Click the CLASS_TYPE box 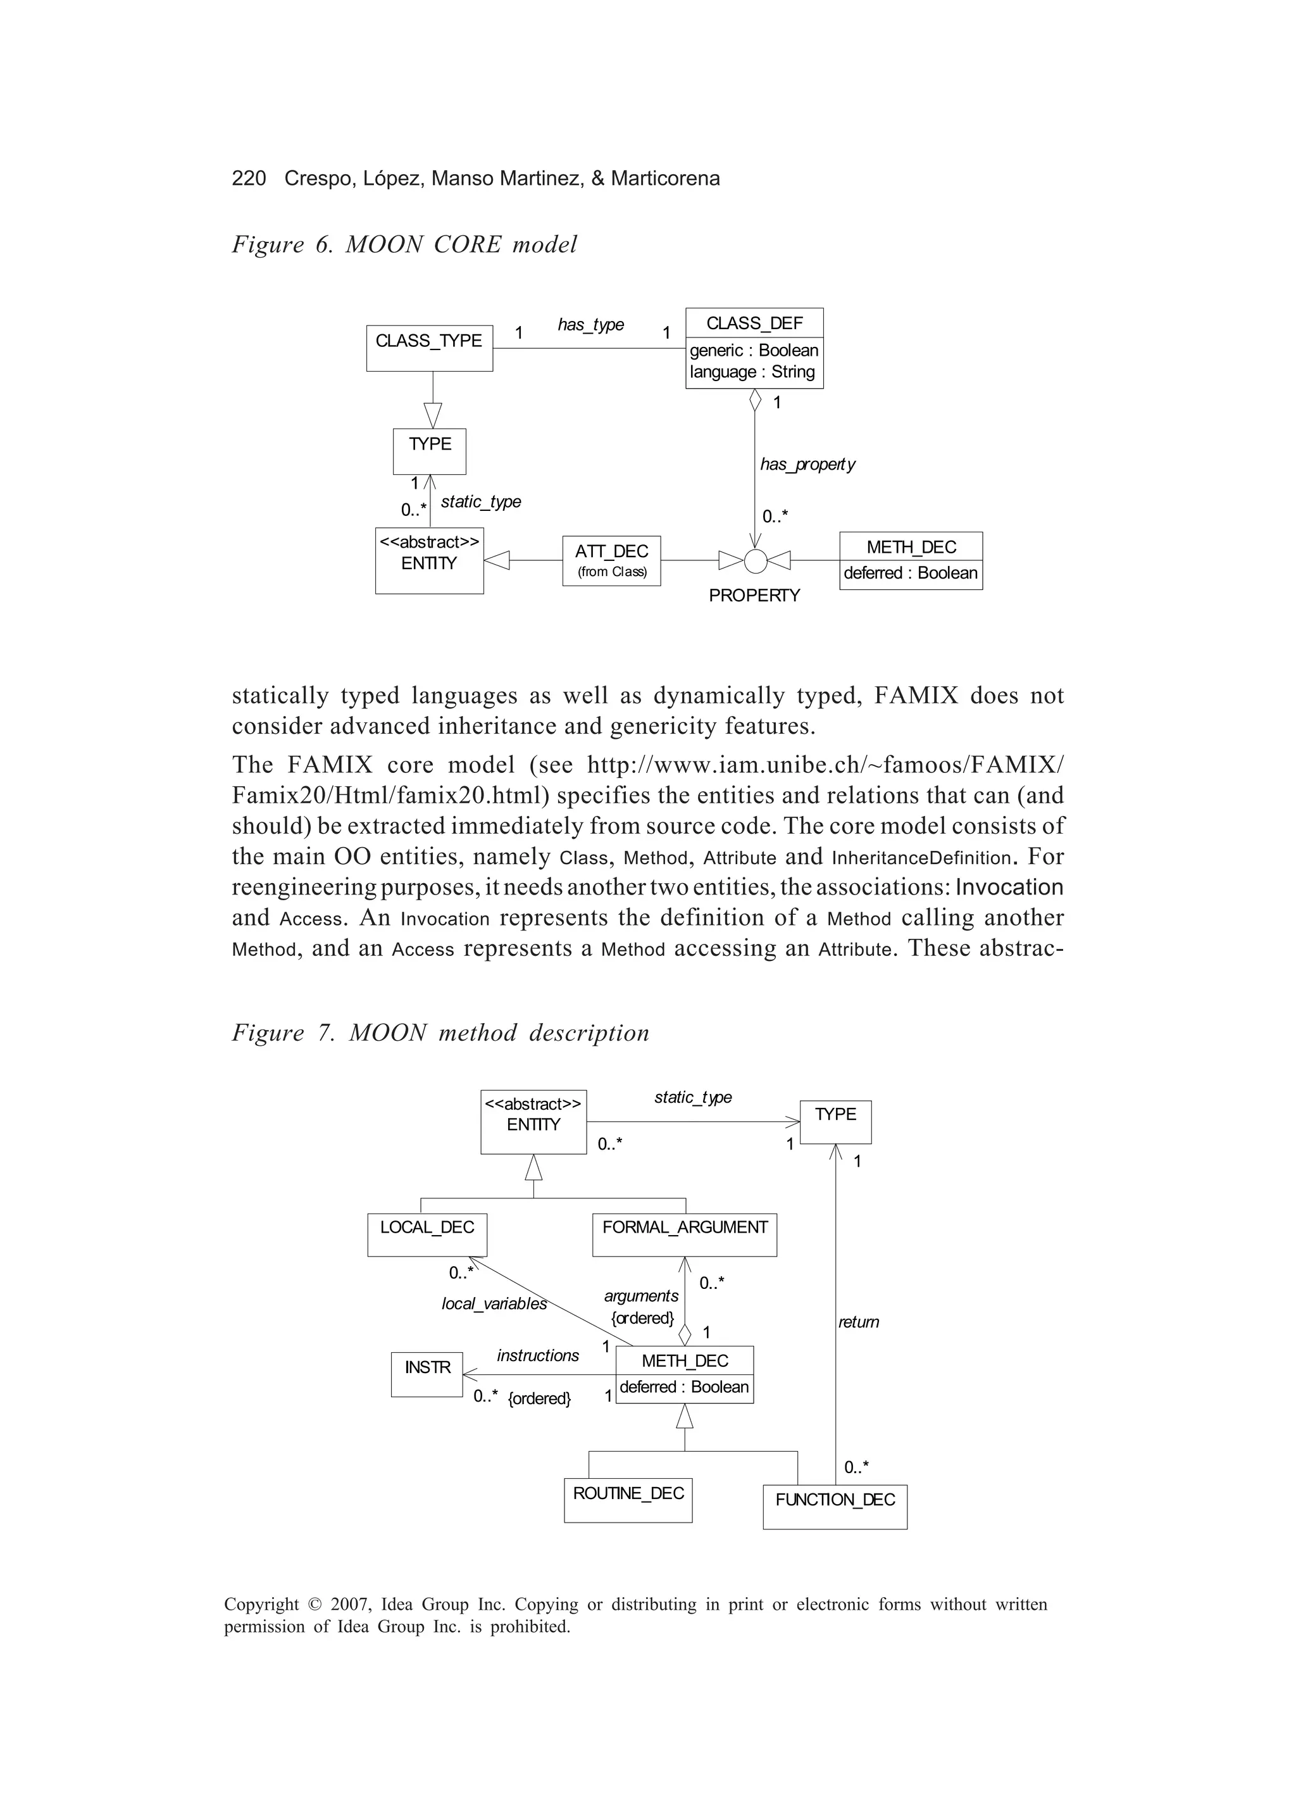(x=429, y=348)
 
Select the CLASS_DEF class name (x=754, y=323)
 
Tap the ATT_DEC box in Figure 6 (x=611, y=561)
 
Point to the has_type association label (x=590, y=325)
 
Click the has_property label (x=807, y=464)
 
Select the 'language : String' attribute (x=752, y=372)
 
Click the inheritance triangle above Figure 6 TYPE (x=432, y=414)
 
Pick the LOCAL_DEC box (x=427, y=1234)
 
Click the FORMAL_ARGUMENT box (x=684, y=1234)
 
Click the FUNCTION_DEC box (x=835, y=1506)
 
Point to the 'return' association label (x=858, y=1322)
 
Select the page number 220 (x=249, y=178)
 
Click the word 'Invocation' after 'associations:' (x=1009, y=887)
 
